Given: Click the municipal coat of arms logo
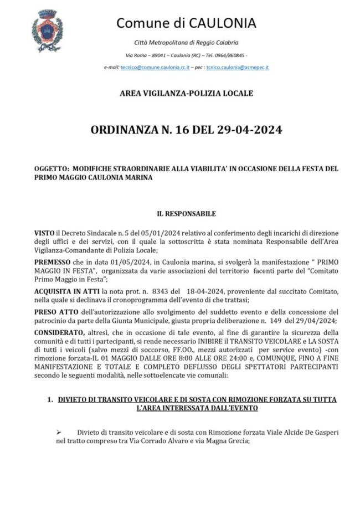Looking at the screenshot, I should coord(47,32).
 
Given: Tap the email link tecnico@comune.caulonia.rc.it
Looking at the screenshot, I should coord(155,67).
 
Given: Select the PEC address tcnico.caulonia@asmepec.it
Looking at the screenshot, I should coord(238,67).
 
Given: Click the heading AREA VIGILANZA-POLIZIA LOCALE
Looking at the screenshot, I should coord(186,94).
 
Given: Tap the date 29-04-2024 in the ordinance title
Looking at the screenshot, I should coord(246,130).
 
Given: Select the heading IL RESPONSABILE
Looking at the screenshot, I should coord(186,214).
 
